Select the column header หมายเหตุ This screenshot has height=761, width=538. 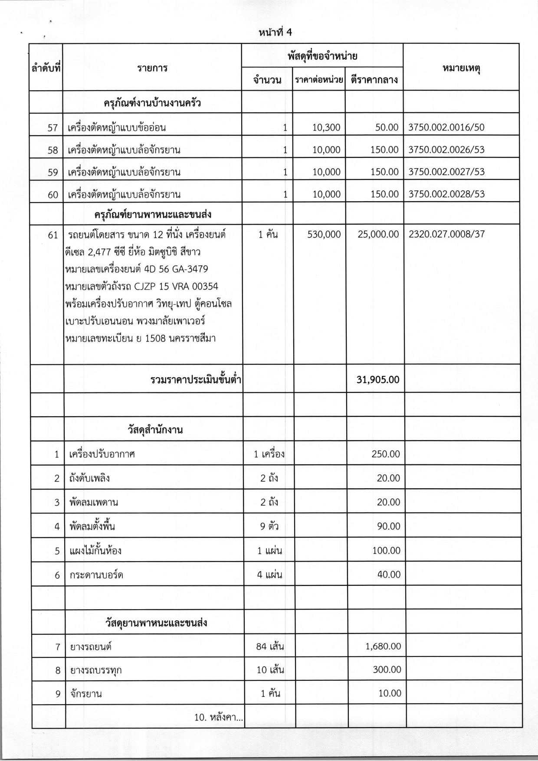point(461,69)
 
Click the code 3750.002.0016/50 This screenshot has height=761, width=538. point(446,127)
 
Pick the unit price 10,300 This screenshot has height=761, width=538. point(326,127)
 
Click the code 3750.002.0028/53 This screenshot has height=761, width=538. point(446,194)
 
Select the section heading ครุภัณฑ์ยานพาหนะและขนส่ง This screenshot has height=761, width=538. point(152,214)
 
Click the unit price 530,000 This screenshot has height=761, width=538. point(324,235)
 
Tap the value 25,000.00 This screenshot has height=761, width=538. point(378,235)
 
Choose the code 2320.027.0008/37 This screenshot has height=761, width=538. point(446,235)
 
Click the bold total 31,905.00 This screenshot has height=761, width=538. point(377,379)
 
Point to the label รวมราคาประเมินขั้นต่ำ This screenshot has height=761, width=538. point(196,380)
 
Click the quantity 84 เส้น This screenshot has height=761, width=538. point(270,647)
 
